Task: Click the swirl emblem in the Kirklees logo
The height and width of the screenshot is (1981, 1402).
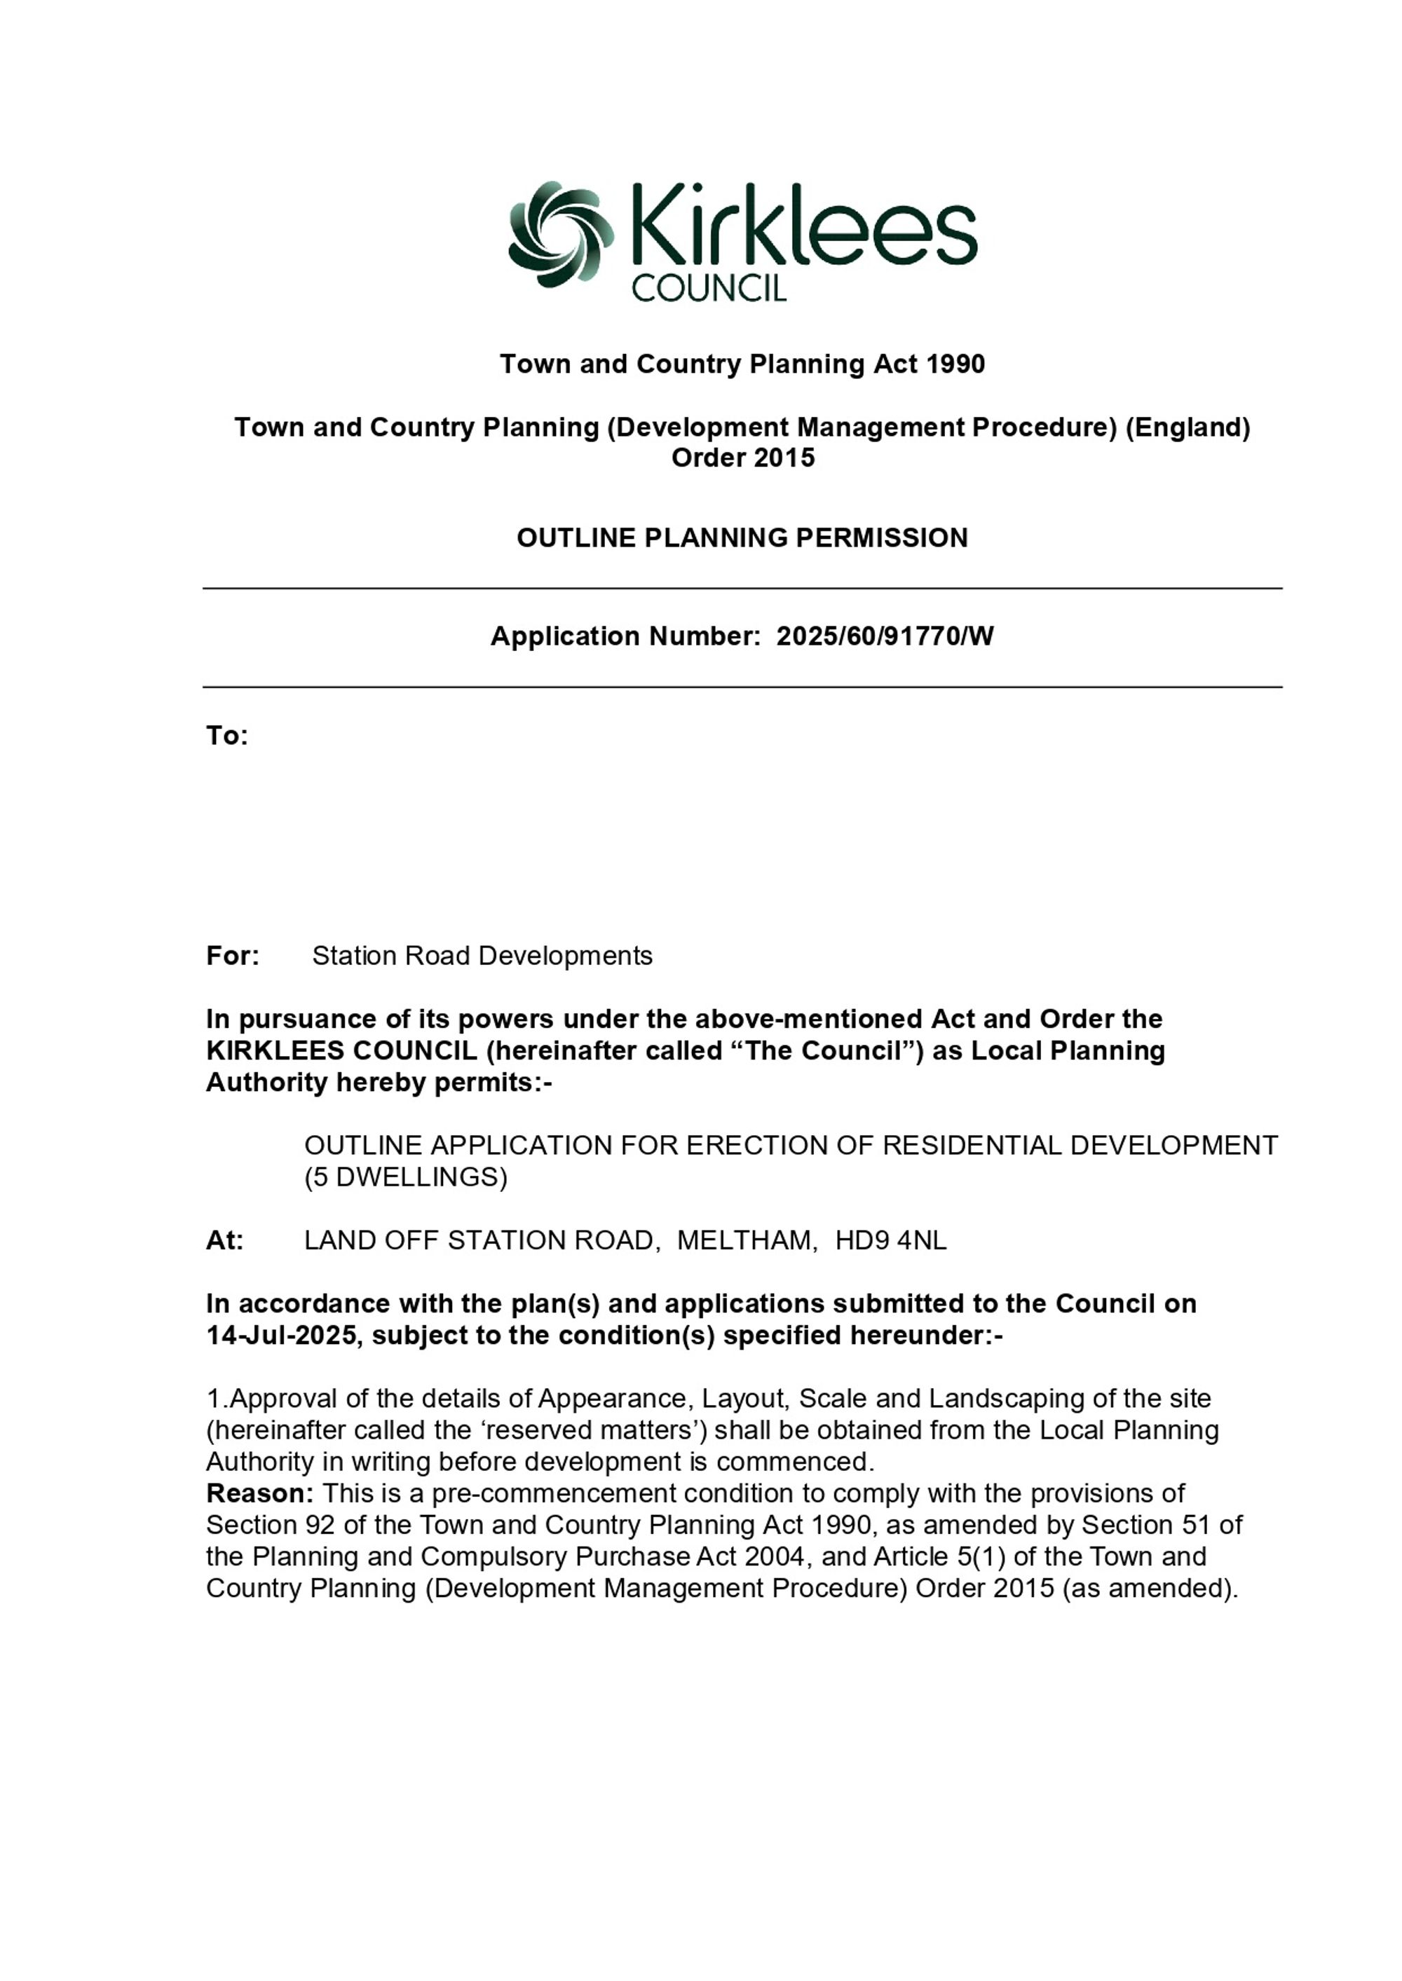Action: pyautogui.click(x=560, y=234)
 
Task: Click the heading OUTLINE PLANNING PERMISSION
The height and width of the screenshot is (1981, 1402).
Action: pyautogui.click(x=742, y=537)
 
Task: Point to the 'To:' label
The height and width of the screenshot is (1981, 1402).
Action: pyautogui.click(x=226, y=735)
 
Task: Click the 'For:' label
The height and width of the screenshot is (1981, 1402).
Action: pyautogui.click(x=232, y=955)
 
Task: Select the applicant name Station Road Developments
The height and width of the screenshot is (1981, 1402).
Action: pyautogui.click(x=482, y=955)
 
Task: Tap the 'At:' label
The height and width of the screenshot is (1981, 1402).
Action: pyautogui.click(x=224, y=1240)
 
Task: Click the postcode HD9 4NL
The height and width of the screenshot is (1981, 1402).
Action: pyautogui.click(x=891, y=1240)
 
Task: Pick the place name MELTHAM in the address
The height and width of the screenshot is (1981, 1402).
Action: pyautogui.click(x=746, y=1240)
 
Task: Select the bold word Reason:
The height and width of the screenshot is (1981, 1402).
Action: pyautogui.click(x=259, y=1493)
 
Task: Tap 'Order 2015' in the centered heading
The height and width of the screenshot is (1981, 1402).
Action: pyautogui.click(x=742, y=458)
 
